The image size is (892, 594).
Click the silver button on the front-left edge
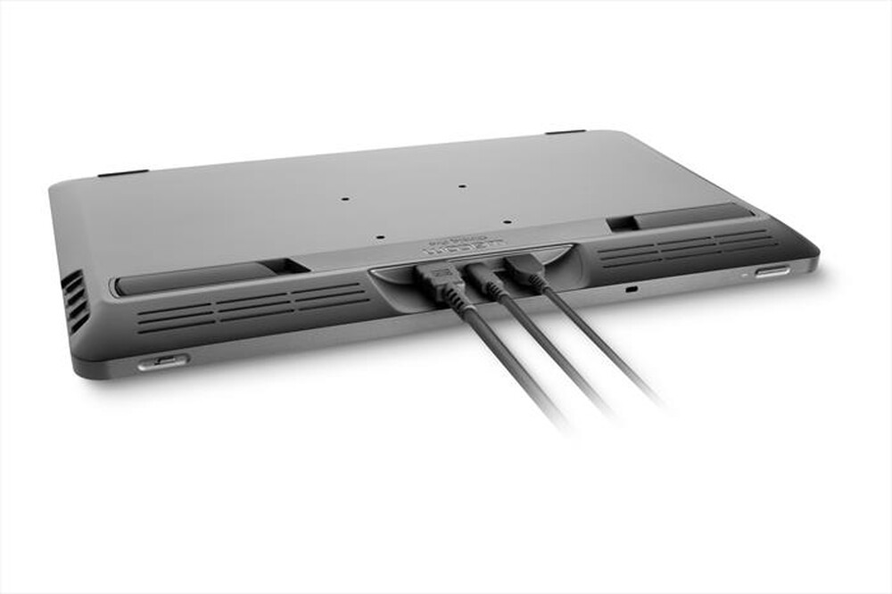[163, 362]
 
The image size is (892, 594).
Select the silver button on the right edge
[772, 271]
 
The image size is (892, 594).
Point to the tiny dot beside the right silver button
[743, 276]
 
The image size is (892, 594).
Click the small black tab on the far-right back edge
[566, 132]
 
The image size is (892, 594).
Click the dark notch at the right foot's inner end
[622, 222]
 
